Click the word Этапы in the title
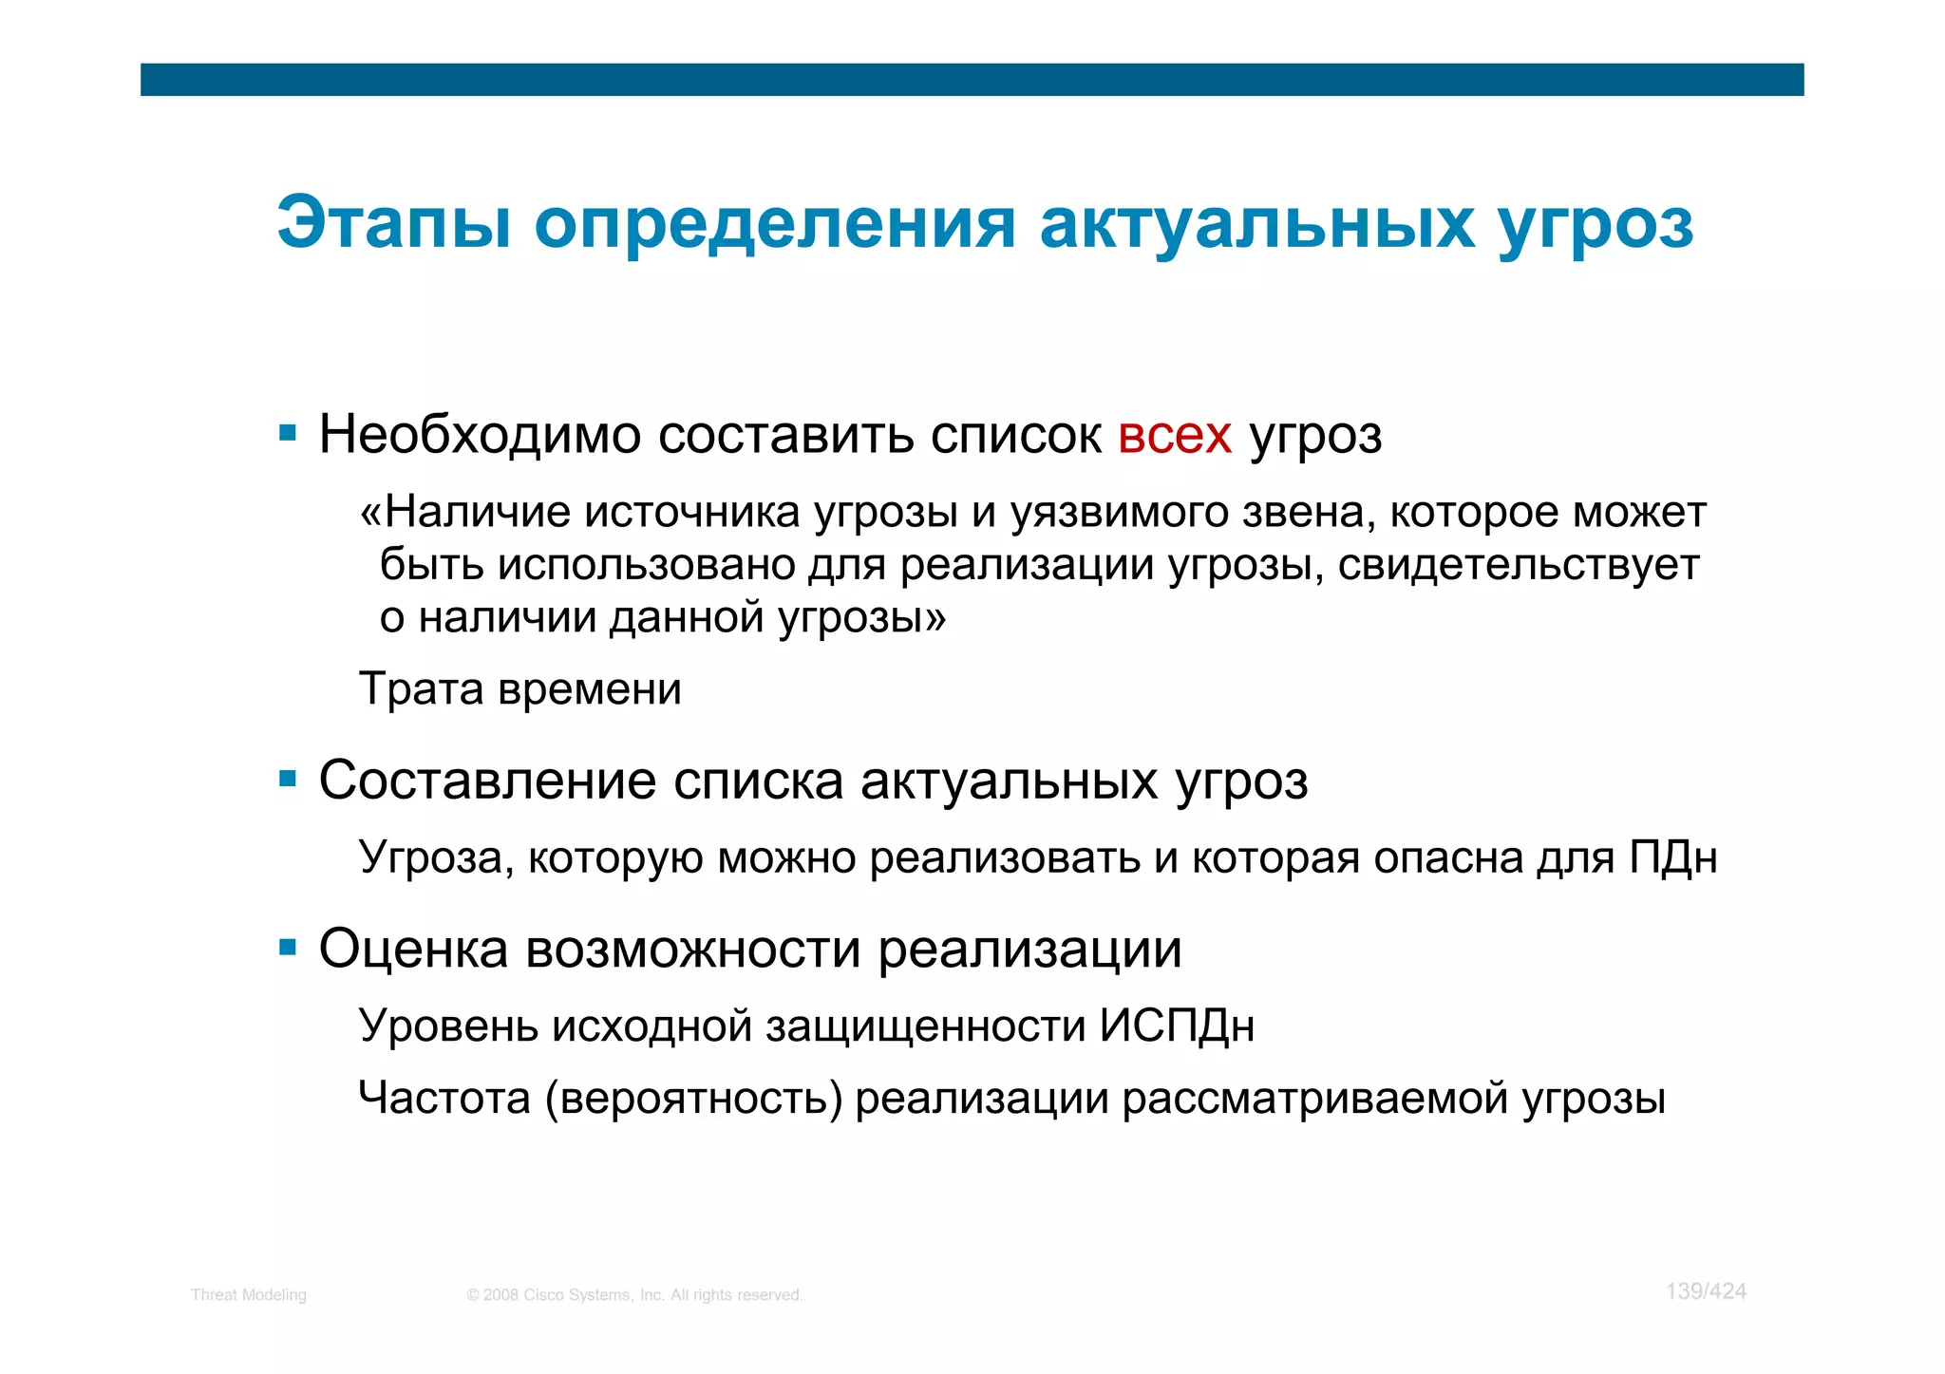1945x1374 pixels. [x=393, y=223]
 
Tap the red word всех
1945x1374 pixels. [x=1175, y=435]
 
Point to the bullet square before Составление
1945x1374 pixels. [x=288, y=781]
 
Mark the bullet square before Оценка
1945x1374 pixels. [x=288, y=948]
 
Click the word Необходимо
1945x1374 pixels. [x=480, y=435]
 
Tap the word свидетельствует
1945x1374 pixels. [x=1518, y=565]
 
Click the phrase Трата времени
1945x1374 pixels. [x=520, y=688]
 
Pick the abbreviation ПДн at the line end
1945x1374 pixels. [x=1672, y=857]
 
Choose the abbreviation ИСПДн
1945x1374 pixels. [x=1177, y=1026]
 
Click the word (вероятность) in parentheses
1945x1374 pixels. [x=694, y=1099]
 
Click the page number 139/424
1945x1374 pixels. [x=1706, y=1291]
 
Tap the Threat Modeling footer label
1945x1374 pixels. [x=248, y=1295]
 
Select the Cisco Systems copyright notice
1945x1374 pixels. [x=634, y=1295]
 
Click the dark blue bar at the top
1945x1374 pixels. [x=972, y=80]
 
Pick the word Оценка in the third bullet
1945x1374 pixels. [x=413, y=948]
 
